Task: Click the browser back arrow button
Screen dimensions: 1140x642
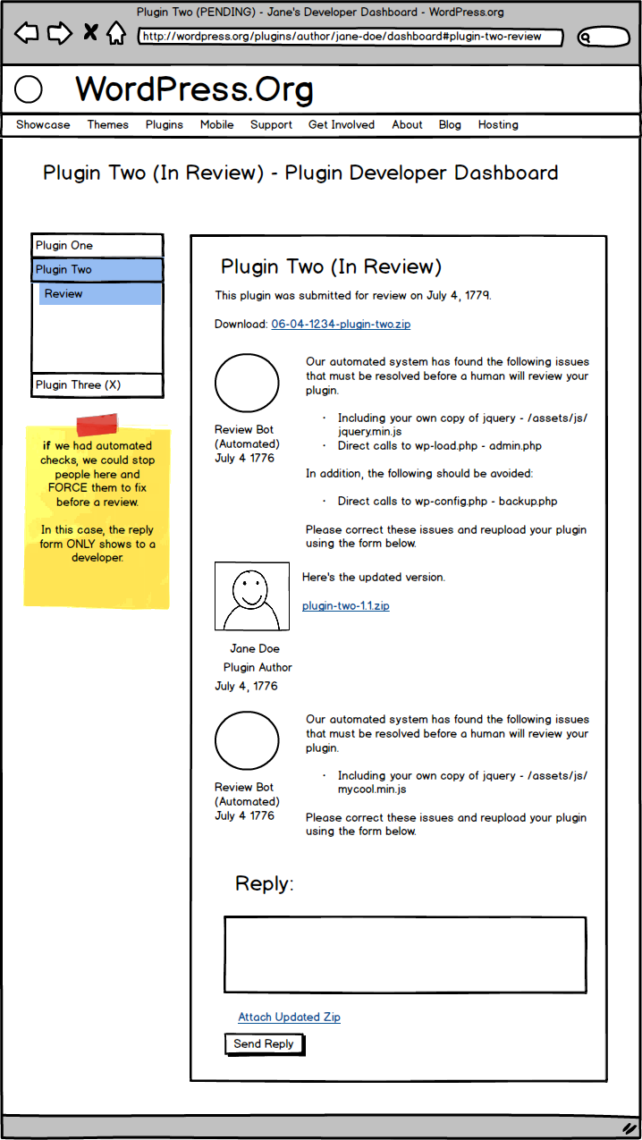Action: (27, 34)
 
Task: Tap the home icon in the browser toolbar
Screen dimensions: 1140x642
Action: (115, 34)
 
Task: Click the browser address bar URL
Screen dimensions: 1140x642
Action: (351, 38)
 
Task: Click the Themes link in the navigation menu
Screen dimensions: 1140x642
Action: (107, 125)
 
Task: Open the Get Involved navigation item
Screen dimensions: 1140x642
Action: (342, 125)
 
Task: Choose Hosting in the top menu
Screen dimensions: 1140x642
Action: (498, 125)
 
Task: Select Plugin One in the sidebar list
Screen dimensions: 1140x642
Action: (97, 246)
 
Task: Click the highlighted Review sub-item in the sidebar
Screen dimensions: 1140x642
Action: (99, 294)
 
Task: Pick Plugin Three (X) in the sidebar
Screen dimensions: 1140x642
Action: (97, 385)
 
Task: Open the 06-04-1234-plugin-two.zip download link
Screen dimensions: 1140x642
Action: (341, 325)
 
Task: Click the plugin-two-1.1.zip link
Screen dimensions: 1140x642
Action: (345, 606)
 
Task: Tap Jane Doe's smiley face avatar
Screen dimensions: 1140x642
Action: (251, 596)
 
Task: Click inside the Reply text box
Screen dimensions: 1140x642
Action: (405, 954)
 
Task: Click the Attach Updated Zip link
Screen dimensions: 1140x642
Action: (289, 1018)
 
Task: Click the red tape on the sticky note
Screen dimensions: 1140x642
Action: (97, 425)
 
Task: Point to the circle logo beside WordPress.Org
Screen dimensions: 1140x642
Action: (30, 89)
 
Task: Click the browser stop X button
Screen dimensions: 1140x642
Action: (89, 34)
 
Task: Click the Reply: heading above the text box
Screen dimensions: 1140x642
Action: (264, 884)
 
